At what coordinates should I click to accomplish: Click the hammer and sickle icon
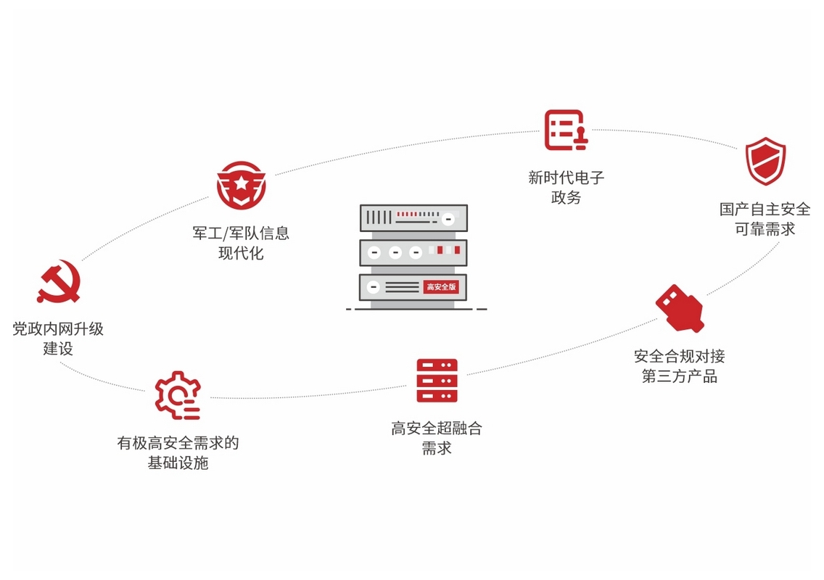click(58, 284)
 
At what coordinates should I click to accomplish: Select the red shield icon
click(765, 161)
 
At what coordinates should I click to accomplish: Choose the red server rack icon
click(437, 380)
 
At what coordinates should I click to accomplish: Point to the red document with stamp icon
click(566, 130)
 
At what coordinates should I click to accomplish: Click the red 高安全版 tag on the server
click(441, 287)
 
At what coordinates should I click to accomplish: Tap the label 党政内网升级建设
click(58, 339)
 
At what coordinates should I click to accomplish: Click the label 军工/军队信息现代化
click(241, 243)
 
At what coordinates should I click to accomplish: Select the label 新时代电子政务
click(566, 187)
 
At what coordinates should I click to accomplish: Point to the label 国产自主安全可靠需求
click(765, 219)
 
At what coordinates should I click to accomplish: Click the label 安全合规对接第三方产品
click(679, 366)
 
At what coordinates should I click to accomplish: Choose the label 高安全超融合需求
click(437, 438)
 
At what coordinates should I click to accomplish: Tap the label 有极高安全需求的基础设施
click(178, 452)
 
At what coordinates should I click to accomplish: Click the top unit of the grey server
click(413, 217)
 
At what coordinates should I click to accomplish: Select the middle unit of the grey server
click(413, 252)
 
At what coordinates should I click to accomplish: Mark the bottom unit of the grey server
click(413, 287)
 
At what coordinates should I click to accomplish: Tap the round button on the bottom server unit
click(374, 287)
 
